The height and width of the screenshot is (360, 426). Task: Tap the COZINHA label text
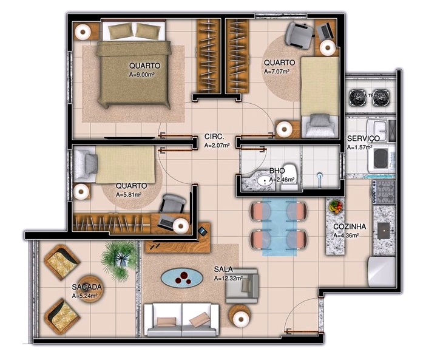coord(347,226)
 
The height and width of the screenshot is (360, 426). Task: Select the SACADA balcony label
coord(87,287)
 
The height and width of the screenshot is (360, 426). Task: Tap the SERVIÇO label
coord(363,138)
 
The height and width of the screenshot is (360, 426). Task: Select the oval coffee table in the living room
coord(182,278)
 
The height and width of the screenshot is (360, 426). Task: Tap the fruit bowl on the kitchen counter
coord(336,206)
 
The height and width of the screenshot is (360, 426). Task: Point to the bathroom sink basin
coord(265,180)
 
